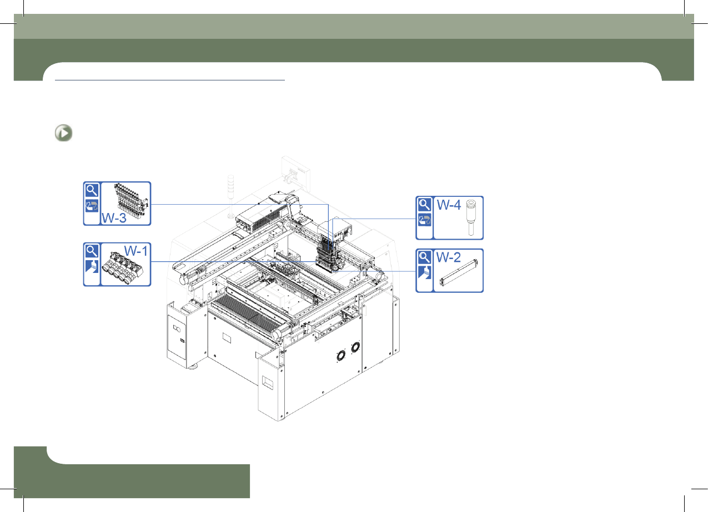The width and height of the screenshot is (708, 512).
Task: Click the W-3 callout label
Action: [114, 218]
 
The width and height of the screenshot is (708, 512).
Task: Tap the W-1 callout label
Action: [136, 251]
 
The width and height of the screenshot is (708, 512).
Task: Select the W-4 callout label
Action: [449, 205]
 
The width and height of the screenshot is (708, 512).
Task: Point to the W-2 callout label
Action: [449, 257]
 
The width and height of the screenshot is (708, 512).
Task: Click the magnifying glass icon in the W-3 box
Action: [92, 190]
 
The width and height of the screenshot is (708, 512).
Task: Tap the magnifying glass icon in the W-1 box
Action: [92, 251]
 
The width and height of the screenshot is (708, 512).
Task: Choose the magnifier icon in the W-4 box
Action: [424, 205]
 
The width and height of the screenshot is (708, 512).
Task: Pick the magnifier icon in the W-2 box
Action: [424, 257]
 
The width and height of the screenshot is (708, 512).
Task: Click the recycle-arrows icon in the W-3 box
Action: [92, 206]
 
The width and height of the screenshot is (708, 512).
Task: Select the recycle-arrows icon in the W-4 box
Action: [424, 220]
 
